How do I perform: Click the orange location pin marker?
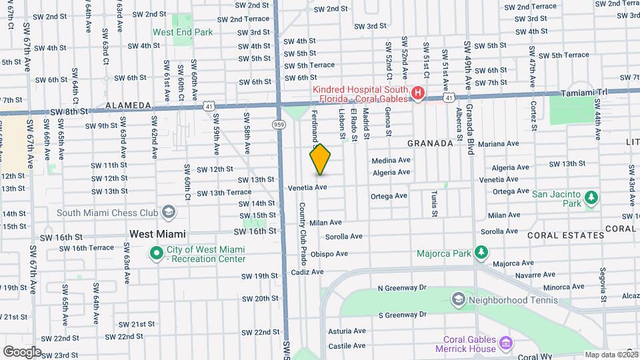[x=320, y=159]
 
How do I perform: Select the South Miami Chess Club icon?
[x=169, y=213]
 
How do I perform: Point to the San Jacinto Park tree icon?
[x=590, y=199]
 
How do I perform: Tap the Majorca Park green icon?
[x=480, y=253]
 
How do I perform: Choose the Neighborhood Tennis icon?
[x=458, y=300]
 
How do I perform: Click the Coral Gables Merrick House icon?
[x=506, y=344]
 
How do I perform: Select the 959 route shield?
[x=279, y=124]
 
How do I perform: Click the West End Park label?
[x=183, y=31]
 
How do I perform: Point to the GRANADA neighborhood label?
[x=430, y=143]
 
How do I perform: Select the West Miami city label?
[x=157, y=234]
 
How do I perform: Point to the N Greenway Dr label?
[x=401, y=288]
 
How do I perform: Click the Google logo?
[x=22, y=351]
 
